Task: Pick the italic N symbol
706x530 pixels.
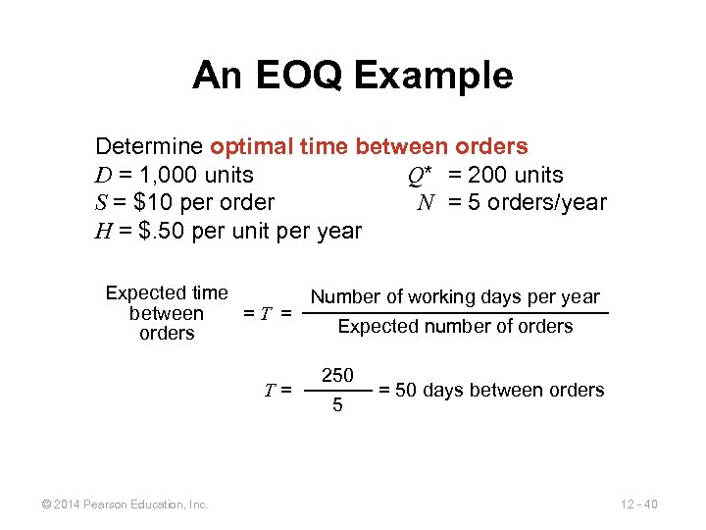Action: click(x=426, y=203)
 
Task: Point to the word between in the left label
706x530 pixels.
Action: click(x=167, y=313)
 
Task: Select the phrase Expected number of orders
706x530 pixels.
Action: click(x=455, y=327)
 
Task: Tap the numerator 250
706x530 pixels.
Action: click(x=337, y=374)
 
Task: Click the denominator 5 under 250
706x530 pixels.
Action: click(x=337, y=404)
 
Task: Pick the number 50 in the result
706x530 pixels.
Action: click(x=406, y=391)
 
